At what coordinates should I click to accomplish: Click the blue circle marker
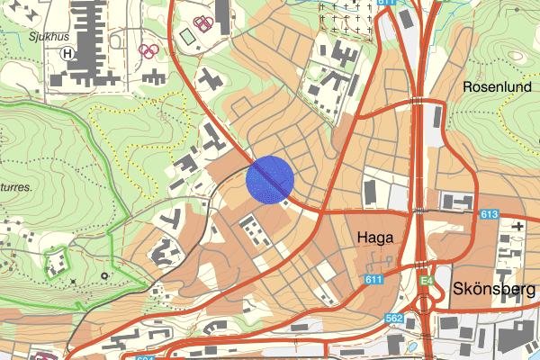pos(270,179)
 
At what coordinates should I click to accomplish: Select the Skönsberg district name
pos(495,290)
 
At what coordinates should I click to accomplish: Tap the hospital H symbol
pos(67,52)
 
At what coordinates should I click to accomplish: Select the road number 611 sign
pos(375,280)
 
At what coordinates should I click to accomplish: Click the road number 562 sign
pos(394,317)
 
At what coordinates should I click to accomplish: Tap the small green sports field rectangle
pos(186,37)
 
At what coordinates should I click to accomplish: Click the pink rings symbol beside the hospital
pos(149,50)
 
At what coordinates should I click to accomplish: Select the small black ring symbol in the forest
pos(104,274)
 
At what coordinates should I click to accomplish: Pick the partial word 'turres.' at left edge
pos(16,188)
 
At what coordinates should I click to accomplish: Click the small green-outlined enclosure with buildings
pos(56,262)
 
